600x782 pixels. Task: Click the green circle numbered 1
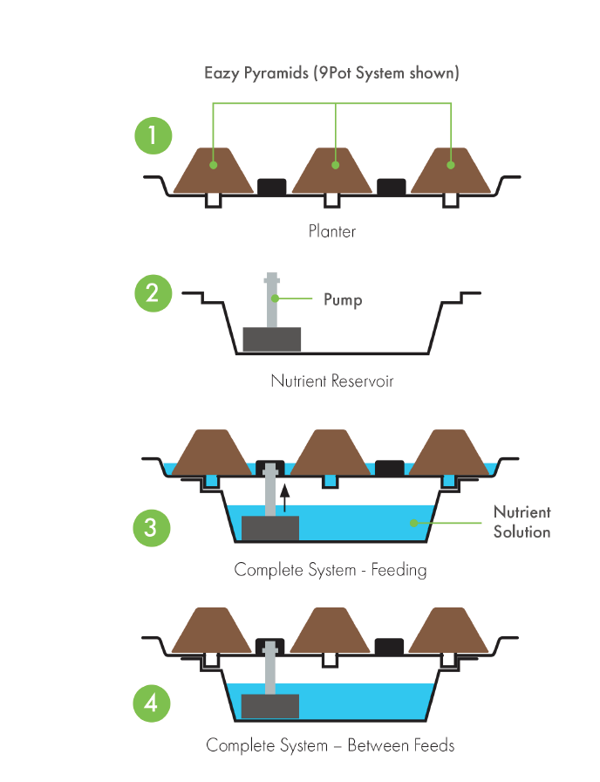tap(153, 135)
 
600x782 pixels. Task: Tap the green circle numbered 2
tap(153, 293)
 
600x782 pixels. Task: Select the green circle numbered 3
tap(153, 527)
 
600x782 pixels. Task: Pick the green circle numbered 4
tap(153, 703)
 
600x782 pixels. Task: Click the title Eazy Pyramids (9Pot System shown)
tap(331, 72)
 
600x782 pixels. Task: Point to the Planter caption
tap(331, 232)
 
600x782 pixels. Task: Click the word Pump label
tap(343, 299)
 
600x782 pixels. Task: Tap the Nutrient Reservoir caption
tap(331, 381)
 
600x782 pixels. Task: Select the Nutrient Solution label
tap(522, 522)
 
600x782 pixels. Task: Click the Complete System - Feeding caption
tap(331, 571)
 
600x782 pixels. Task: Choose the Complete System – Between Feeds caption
tap(331, 745)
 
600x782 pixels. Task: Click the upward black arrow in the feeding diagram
tap(284, 499)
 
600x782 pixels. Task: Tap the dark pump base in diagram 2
tap(271, 340)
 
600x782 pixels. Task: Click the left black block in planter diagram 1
tap(272, 186)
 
